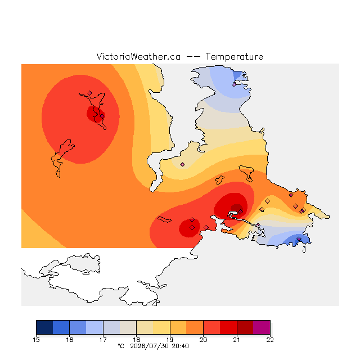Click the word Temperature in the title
(234, 57)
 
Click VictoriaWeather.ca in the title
(138, 57)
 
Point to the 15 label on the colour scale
(36, 340)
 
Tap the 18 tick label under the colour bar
(136, 340)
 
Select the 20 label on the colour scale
(203, 340)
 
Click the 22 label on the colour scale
(270, 340)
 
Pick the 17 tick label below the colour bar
(103, 340)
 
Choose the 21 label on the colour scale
(236, 340)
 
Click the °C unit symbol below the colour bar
(121, 346)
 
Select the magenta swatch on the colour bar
(262, 327)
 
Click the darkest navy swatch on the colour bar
(44, 327)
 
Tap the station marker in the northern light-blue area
(234, 85)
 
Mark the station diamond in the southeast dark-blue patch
(299, 238)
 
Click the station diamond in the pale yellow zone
(182, 164)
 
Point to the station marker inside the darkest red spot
(240, 211)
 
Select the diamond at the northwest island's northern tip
(90, 93)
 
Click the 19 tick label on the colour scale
(170, 340)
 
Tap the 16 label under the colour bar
(70, 340)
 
